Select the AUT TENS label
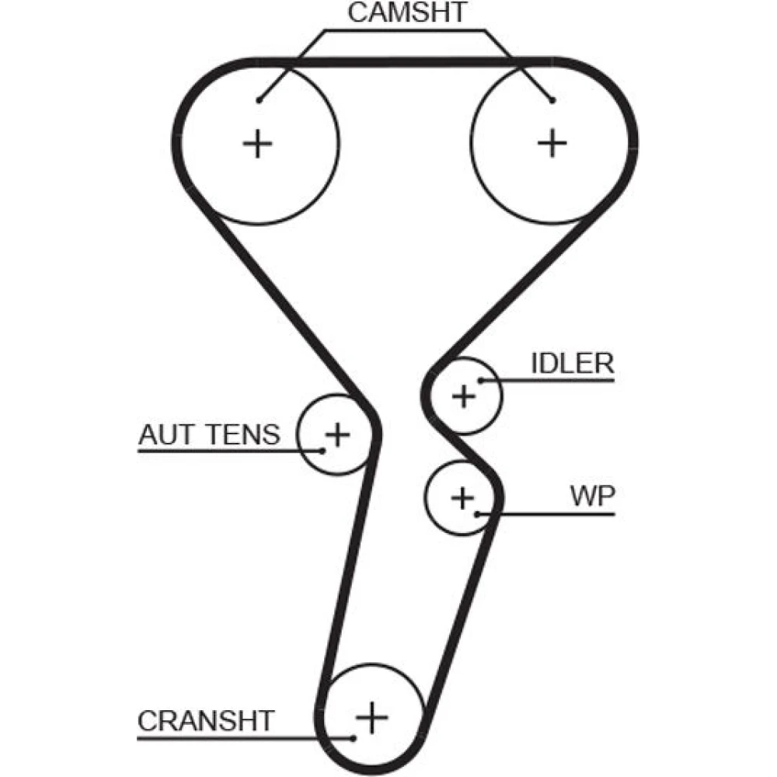[208, 434]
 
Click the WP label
[591, 497]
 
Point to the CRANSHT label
[206, 721]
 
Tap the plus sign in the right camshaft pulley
[552, 143]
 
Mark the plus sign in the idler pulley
[464, 396]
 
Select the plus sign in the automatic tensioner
[337, 434]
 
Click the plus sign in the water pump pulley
[462, 497]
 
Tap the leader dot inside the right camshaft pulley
[552, 100]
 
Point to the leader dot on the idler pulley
[482, 380]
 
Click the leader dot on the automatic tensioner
[320, 450]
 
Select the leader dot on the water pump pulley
[479, 514]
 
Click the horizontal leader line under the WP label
[552, 514]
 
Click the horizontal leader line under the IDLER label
[552, 380]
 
